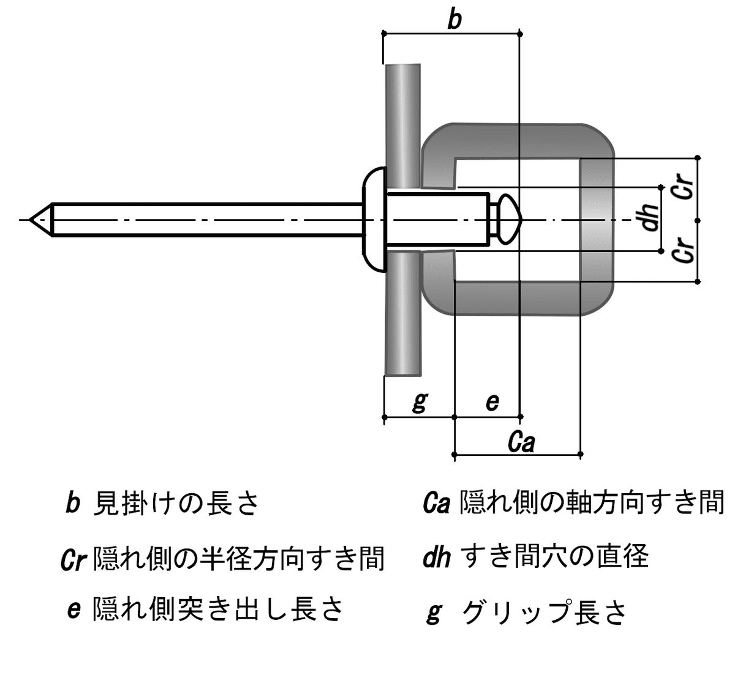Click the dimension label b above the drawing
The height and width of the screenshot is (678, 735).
454,20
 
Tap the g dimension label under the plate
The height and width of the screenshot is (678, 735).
420,401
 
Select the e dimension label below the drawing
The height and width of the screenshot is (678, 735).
492,402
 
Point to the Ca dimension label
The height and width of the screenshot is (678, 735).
521,442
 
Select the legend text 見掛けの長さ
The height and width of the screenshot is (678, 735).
176,503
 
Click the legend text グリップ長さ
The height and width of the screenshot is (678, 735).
545,613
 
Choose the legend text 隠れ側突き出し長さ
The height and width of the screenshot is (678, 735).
218,609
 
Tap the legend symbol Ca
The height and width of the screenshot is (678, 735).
437,503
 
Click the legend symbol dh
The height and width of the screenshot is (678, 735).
436,557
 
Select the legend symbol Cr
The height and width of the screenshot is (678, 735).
73,559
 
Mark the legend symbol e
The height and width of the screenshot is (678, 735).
73,610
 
